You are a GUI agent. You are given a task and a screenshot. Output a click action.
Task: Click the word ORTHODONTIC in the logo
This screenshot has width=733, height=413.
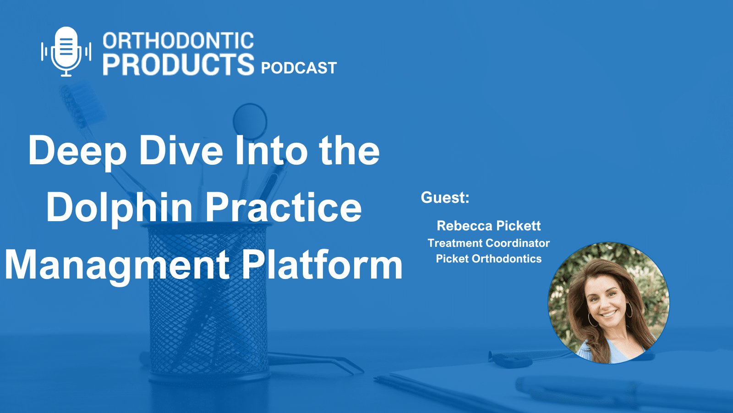[178, 41]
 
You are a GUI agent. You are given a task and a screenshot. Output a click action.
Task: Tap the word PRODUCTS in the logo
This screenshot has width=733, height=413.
[178, 64]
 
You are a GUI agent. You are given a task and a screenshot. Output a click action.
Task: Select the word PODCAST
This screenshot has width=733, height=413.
[299, 68]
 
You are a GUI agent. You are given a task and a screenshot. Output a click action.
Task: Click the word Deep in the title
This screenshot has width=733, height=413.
[77, 151]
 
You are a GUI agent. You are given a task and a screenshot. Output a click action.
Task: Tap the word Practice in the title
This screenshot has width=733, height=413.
[283, 207]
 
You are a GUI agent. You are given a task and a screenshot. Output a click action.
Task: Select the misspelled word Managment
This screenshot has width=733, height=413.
[117, 265]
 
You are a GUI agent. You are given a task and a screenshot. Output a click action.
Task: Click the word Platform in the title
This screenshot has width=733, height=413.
[322, 265]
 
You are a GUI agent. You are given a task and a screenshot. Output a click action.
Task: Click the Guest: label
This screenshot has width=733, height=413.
[445, 198]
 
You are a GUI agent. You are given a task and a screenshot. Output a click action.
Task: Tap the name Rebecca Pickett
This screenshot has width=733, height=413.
[489, 226]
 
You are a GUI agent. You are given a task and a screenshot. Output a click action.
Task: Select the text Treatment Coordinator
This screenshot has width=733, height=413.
[488, 243]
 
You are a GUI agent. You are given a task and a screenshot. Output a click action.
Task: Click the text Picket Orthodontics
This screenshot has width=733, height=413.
[488, 259]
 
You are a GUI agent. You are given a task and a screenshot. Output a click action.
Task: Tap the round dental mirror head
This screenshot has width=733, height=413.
[250, 119]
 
